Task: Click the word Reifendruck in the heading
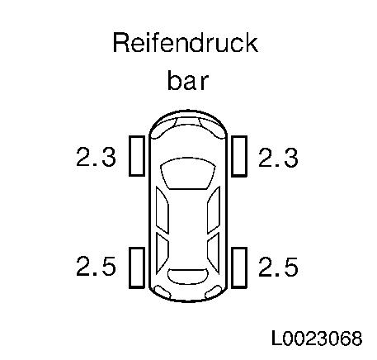coord(186,43)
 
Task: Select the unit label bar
coord(188,80)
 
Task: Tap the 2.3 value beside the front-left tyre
coord(96,157)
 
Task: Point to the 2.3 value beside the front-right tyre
coord(278,158)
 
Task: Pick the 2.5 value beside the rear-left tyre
coord(96,266)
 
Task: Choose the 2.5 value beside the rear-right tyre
coord(278,267)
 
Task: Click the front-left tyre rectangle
coord(137,156)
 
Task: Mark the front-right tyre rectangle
coord(239,156)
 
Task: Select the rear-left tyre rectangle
coord(137,268)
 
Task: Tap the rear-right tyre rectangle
coord(239,268)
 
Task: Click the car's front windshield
coord(188,173)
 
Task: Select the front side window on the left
coord(162,210)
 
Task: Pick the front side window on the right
coord(214,210)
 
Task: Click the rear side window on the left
coord(162,253)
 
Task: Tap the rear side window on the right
coord(214,253)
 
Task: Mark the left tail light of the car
coord(162,292)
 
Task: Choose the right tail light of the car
coord(214,292)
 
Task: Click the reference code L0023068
coord(317,338)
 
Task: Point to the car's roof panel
coord(188,229)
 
